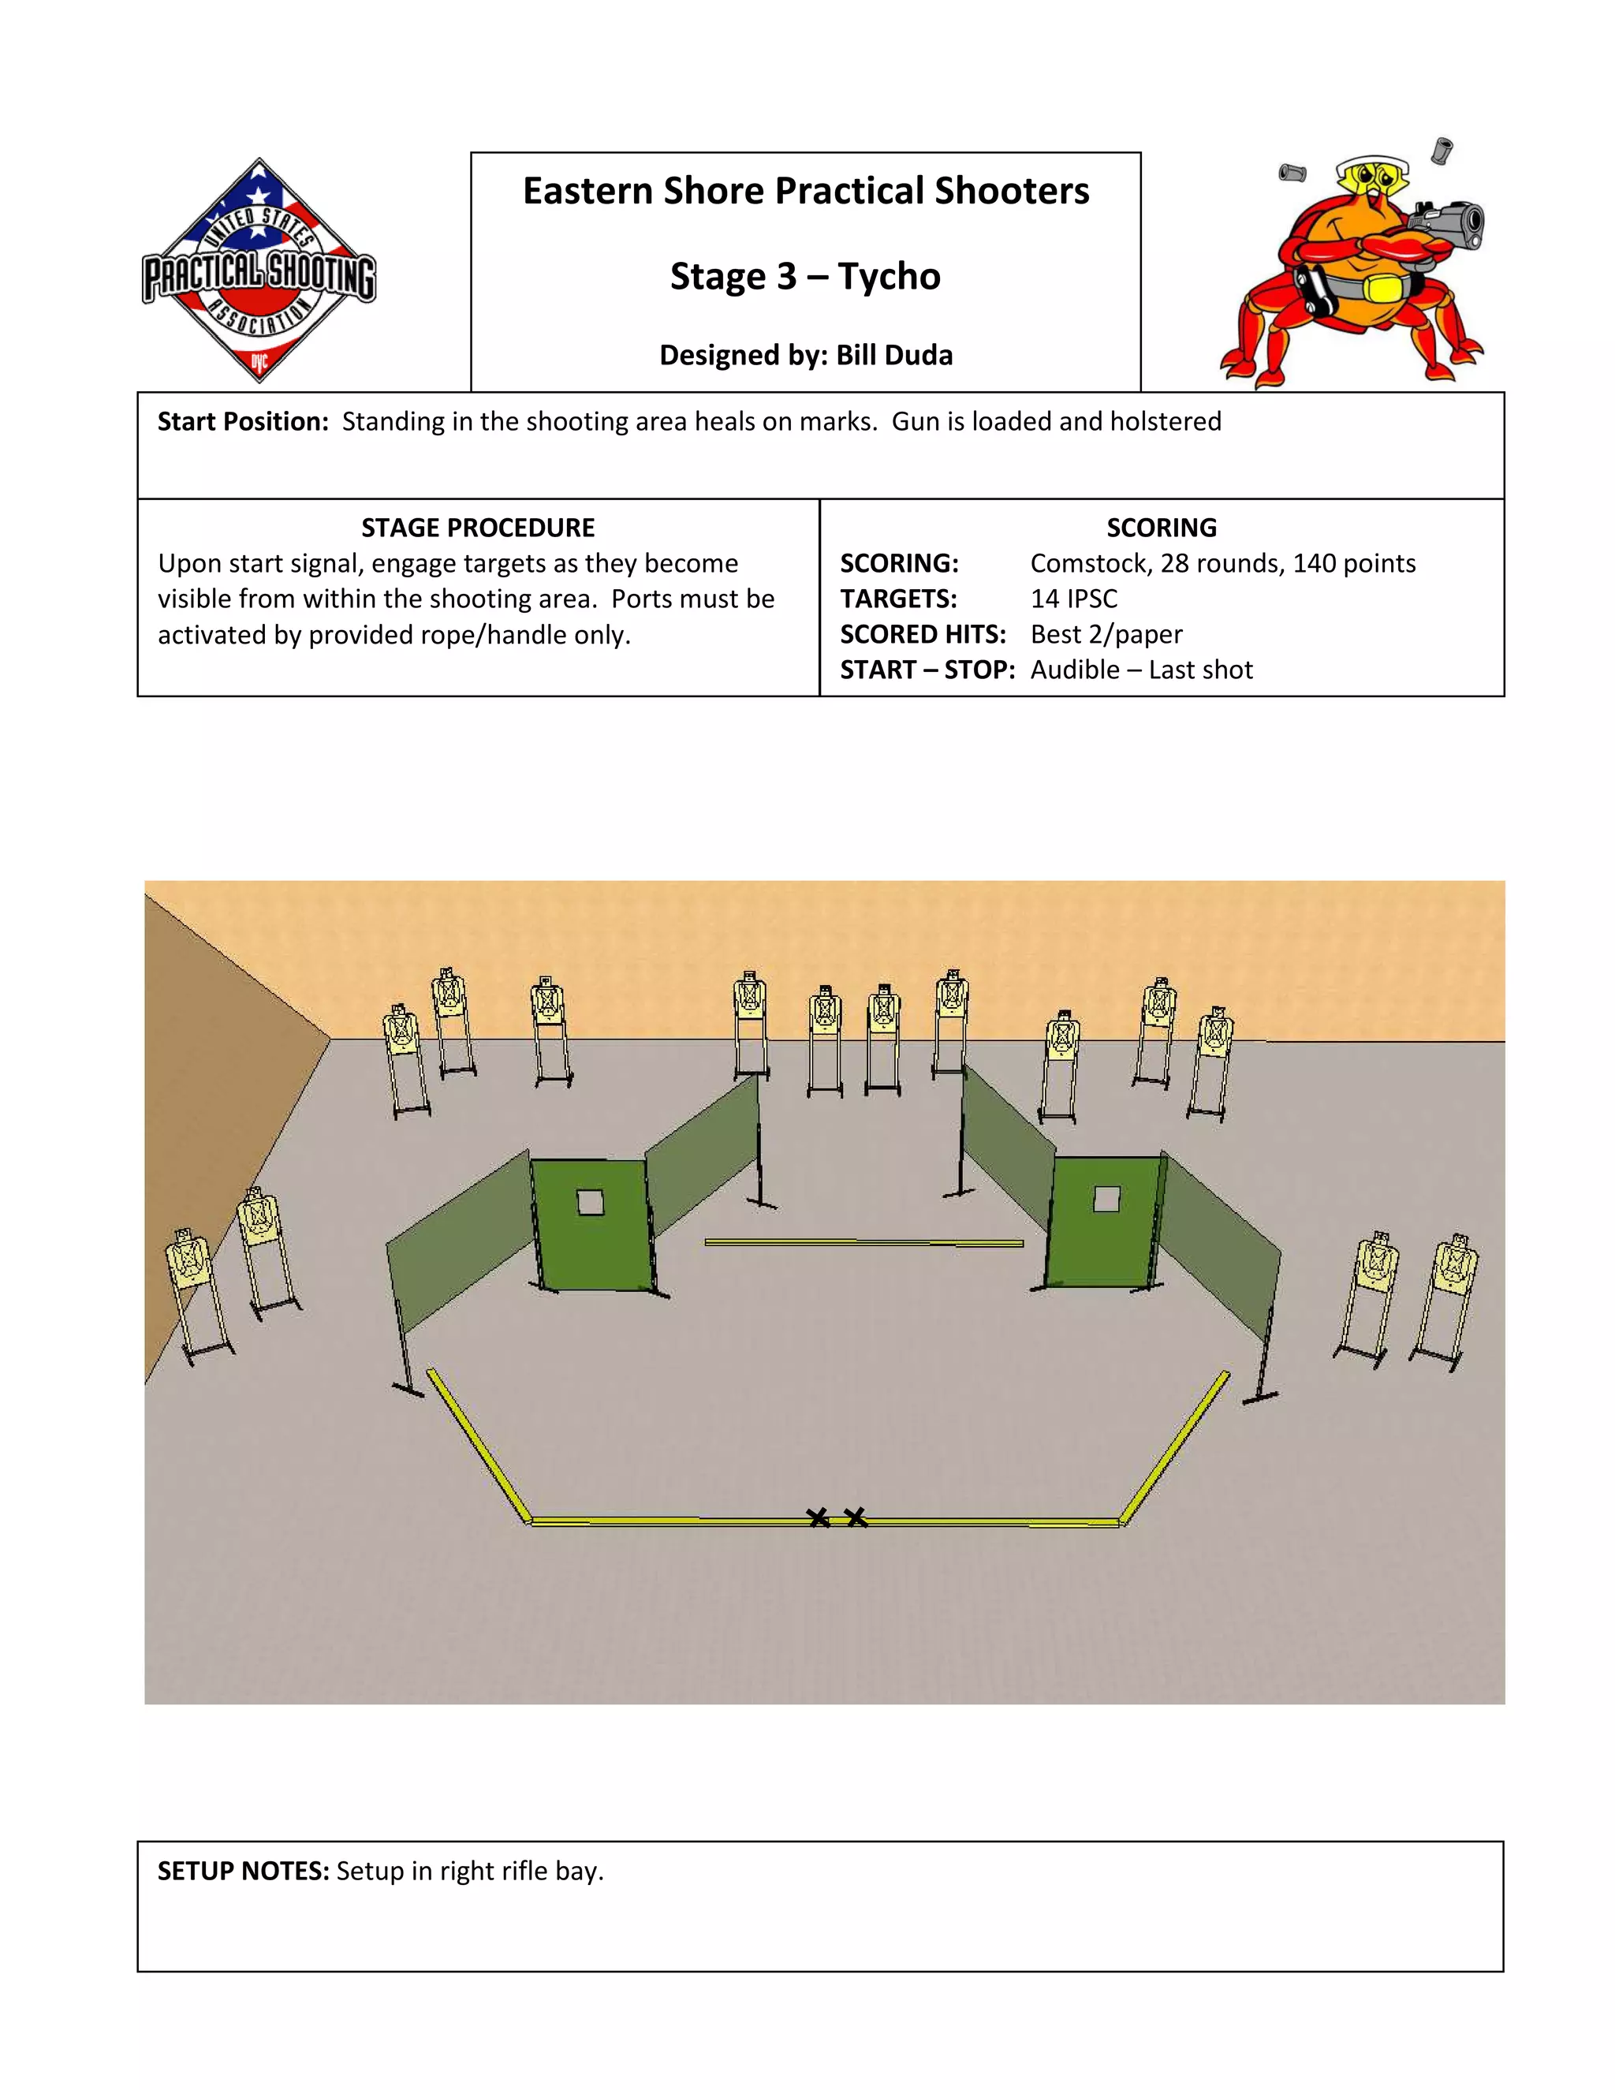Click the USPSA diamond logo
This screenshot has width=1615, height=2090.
tap(259, 271)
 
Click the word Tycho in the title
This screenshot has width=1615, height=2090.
tap(889, 277)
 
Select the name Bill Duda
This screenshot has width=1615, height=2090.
tap(893, 355)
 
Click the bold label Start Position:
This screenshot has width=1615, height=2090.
tap(243, 422)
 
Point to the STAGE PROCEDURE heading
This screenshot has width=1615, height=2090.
tap(477, 528)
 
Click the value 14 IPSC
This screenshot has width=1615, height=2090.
tap(1073, 599)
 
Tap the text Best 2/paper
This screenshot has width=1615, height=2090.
tap(1106, 634)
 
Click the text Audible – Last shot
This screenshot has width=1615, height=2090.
tap(1141, 670)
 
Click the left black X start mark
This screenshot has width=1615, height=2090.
tap(818, 1517)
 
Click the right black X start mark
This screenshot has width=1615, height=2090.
tap(856, 1517)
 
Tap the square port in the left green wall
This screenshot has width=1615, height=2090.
tap(591, 1202)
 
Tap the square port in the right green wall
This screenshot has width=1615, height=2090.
tap(1107, 1199)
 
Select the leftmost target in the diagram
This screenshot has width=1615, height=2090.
tap(188, 1263)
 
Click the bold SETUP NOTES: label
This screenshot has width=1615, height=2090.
tap(243, 1872)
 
